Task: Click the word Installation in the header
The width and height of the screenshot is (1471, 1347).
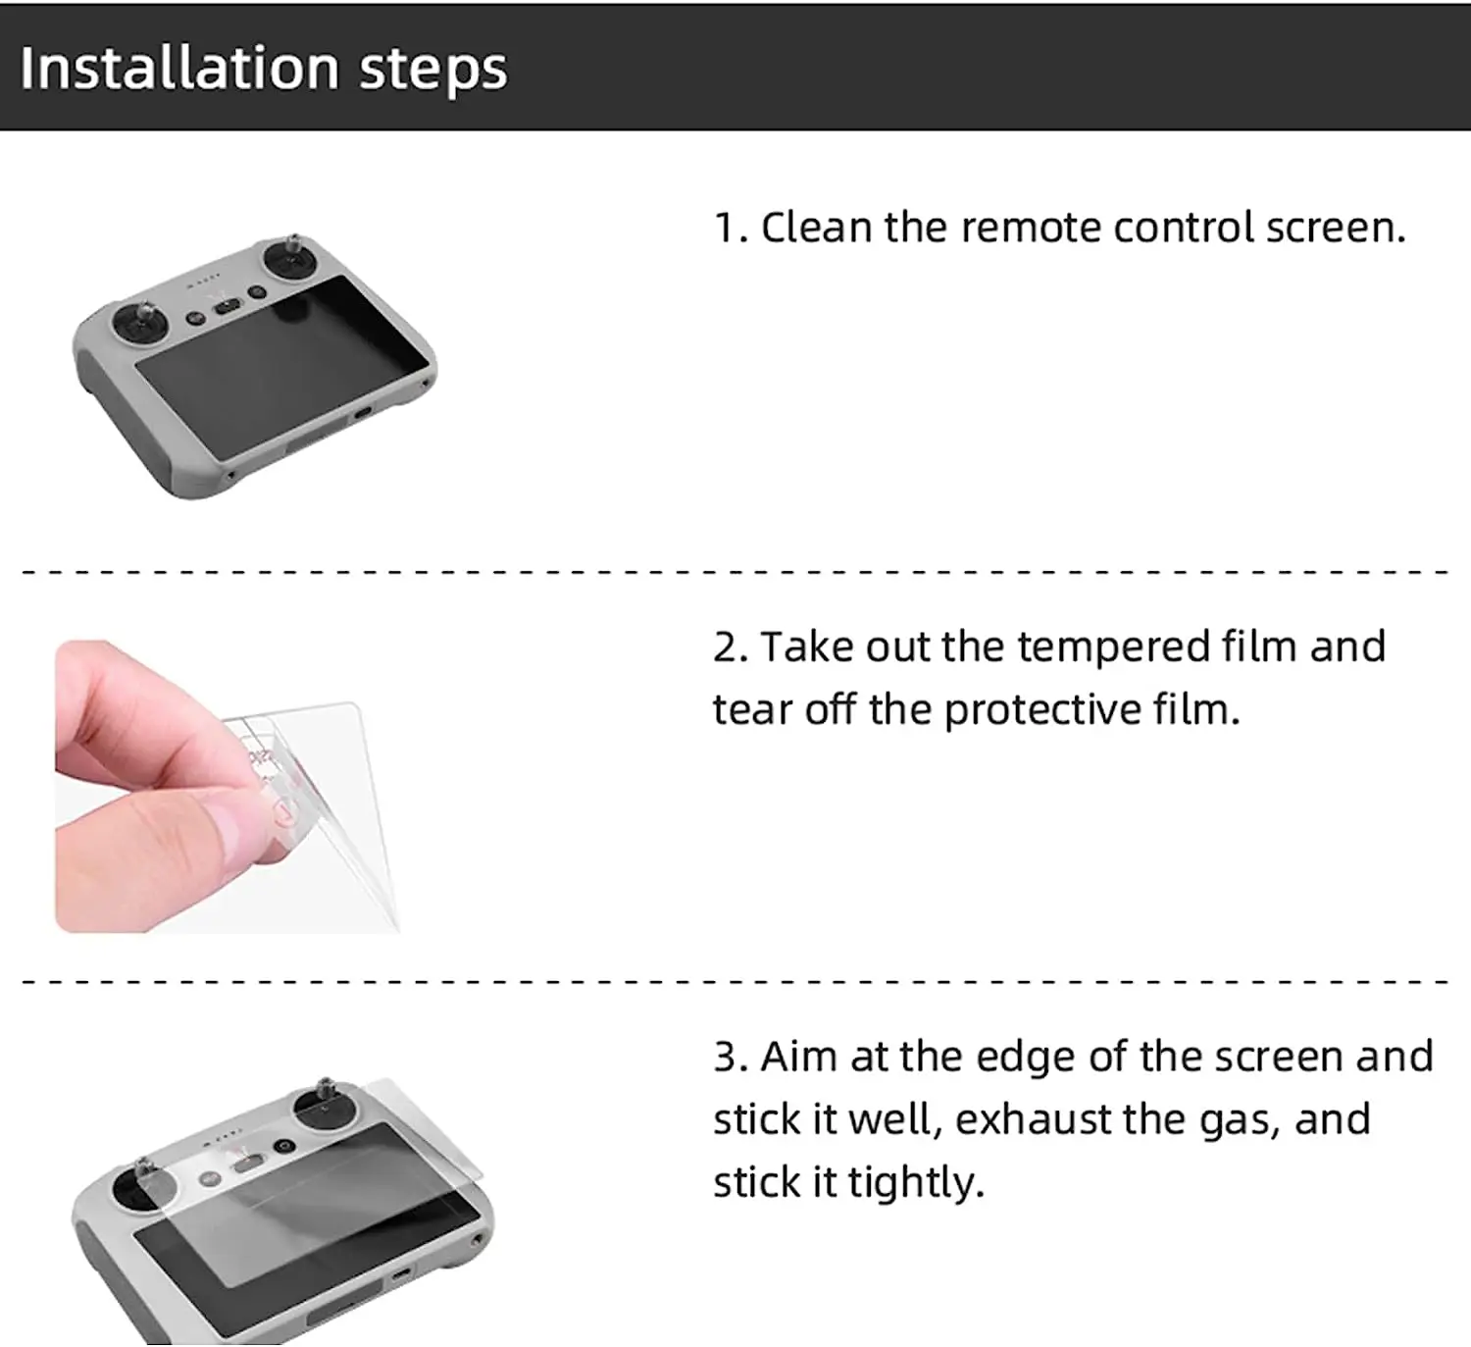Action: click(179, 68)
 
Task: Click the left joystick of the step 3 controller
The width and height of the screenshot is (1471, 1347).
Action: click(144, 1182)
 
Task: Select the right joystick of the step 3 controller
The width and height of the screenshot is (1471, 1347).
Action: click(325, 1107)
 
